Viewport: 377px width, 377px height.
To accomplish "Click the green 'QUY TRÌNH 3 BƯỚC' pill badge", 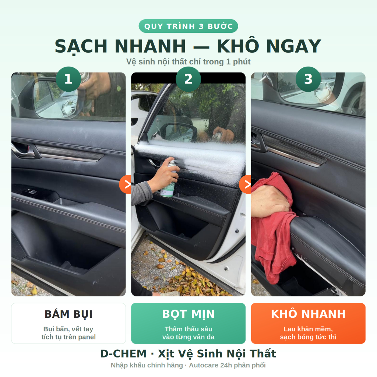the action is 188,26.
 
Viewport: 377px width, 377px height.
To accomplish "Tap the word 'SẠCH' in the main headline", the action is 81,46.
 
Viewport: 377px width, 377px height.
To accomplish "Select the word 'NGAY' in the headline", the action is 294,46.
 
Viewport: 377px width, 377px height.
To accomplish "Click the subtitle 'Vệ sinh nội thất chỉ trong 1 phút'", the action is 188,62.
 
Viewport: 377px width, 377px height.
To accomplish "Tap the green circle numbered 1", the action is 68,79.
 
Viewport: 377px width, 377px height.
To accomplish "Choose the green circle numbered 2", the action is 188,79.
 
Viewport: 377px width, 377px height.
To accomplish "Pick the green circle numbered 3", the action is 308,79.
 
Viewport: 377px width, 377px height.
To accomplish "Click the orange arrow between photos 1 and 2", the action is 126,184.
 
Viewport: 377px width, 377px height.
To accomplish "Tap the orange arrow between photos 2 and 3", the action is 246,184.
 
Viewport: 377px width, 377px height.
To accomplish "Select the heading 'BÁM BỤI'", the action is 68,314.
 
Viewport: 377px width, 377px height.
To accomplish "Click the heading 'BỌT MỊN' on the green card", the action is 188,314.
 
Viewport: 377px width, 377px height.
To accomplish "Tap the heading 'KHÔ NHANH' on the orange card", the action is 308,314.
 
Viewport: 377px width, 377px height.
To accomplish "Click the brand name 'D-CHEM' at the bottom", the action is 123,354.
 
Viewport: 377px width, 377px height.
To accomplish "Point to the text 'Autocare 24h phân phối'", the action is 227,365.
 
